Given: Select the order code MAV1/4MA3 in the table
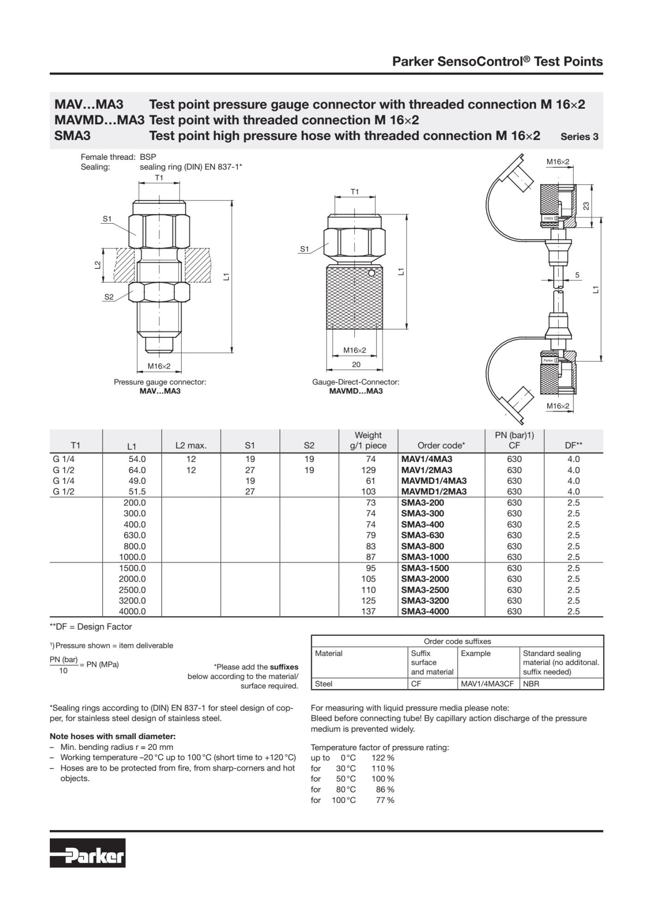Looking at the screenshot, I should [x=427, y=459].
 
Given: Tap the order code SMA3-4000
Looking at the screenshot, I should [x=425, y=611].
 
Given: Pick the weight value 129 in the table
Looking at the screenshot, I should [x=368, y=470].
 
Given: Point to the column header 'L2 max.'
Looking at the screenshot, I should [x=191, y=446].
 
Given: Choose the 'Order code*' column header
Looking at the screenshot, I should [x=441, y=446].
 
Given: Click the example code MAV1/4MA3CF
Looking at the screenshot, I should [x=487, y=684].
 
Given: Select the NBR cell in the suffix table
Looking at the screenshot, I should [x=531, y=684].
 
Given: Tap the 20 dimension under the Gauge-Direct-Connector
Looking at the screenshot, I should [x=356, y=365].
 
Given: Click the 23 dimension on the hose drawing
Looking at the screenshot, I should [x=586, y=206].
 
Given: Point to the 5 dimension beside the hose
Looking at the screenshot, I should [x=577, y=275].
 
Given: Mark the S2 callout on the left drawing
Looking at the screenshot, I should [x=109, y=297].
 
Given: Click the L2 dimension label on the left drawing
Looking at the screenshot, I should [x=98, y=265].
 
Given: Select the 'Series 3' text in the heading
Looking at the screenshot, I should [x=579, y=137].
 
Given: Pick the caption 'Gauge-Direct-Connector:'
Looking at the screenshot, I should [x=355, y=382].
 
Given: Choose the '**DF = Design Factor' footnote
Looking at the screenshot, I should [x=91, y=627].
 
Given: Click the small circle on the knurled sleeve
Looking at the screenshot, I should [x=371, y=273].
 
